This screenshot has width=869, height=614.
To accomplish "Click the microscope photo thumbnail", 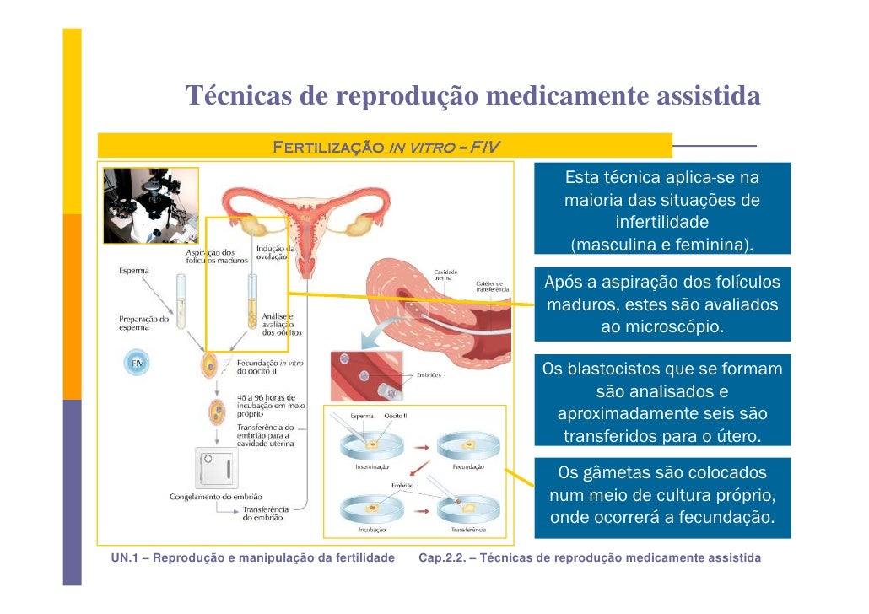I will click(151, 205).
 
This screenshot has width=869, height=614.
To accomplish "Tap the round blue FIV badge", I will click(137, 364).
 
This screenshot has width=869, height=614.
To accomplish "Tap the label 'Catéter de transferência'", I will click(493, 287).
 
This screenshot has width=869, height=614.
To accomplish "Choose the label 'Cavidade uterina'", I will click(446, 275).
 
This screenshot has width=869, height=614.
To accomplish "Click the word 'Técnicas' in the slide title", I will click(237, 96).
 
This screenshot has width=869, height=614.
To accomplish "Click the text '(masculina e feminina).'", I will click(661, 245).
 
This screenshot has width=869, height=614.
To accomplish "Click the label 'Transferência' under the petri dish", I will click(467, 530).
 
